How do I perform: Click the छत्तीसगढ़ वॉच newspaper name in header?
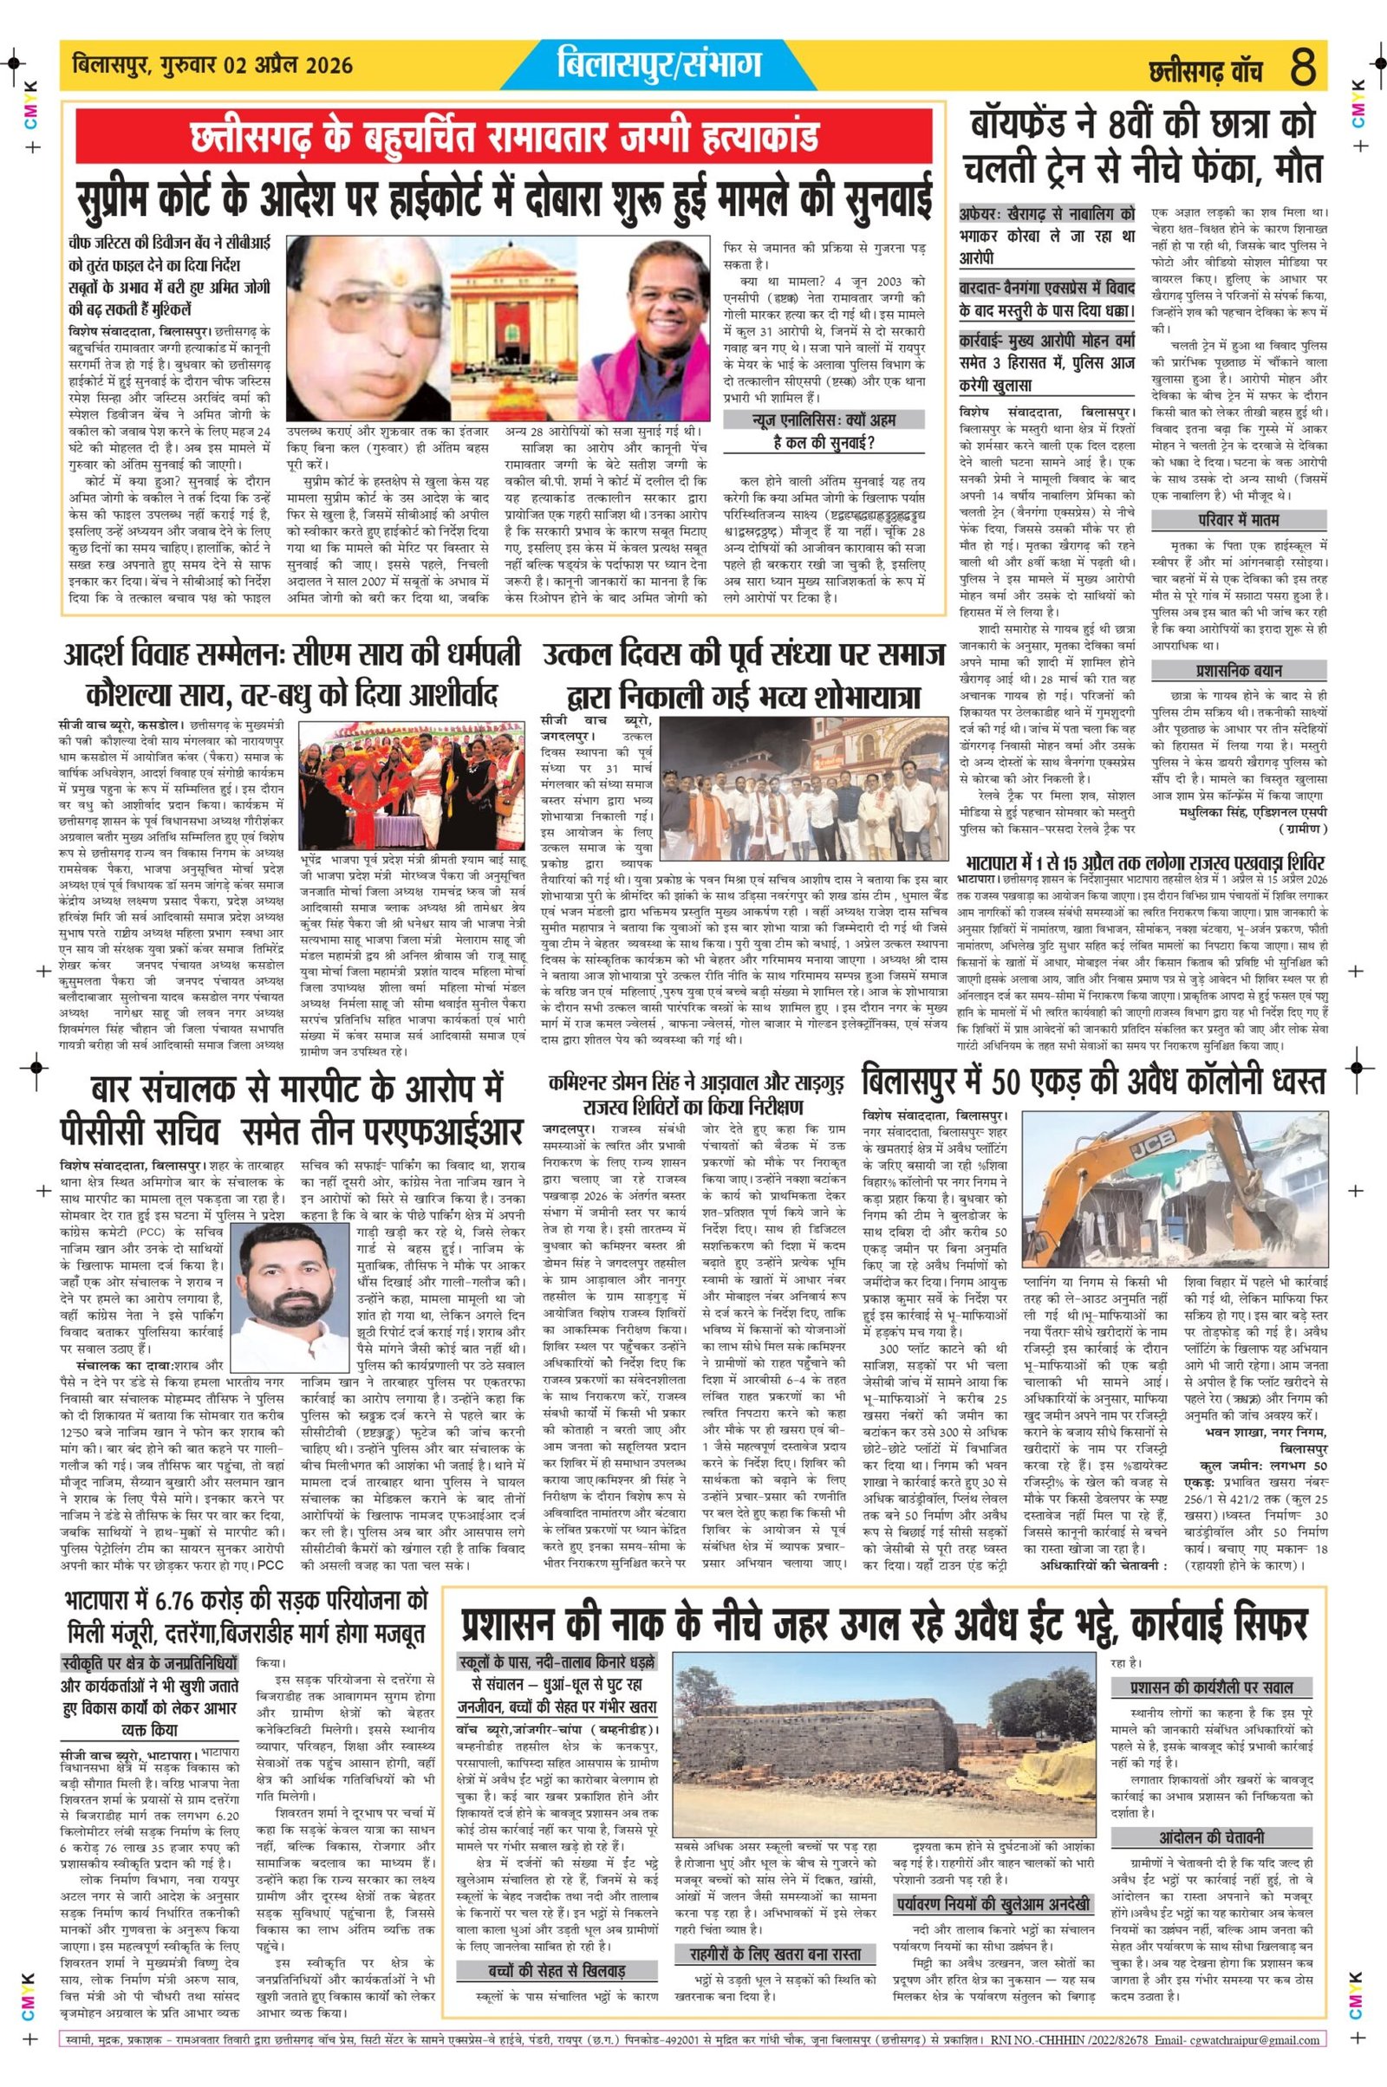click(x=1205, y=70)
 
